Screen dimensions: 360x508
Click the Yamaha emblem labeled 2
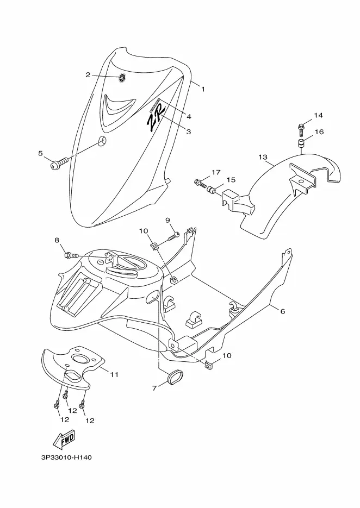click(122, 78)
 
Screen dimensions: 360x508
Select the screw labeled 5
click(60, 162)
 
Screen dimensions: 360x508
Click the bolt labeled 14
click(301, 130)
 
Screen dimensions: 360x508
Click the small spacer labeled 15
click(212, 189)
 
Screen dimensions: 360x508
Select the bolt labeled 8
click(72, 255)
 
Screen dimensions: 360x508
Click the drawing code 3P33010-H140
click(66, 457)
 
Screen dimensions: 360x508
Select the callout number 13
click(263, 157)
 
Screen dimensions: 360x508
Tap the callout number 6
click(282, 311)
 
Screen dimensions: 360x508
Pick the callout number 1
click(203, 89)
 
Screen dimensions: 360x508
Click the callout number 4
click(189, 117)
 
